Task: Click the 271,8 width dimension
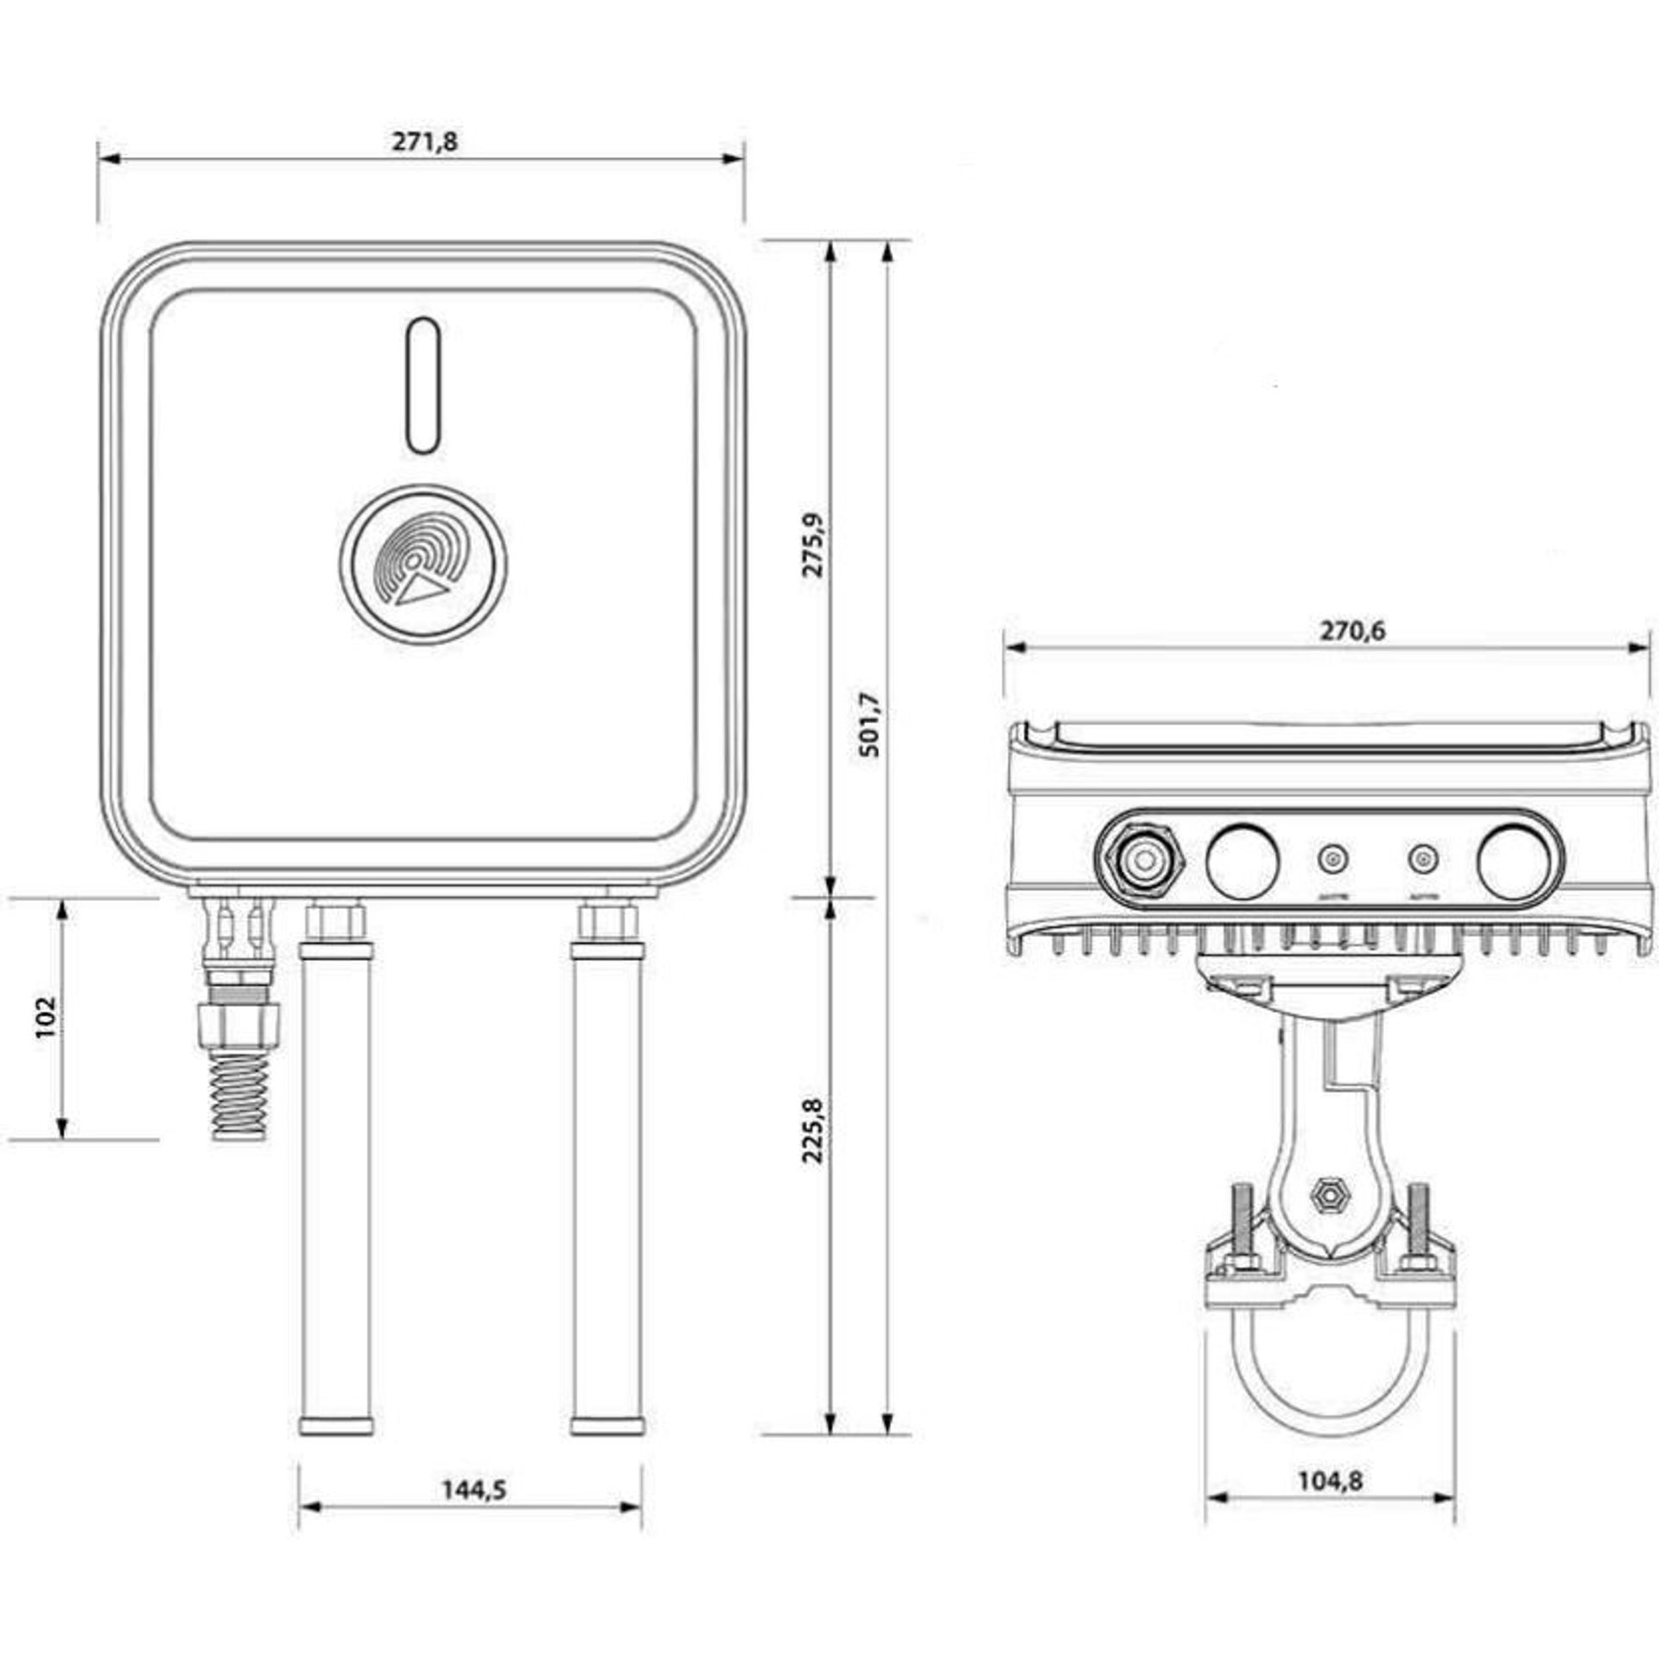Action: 425,142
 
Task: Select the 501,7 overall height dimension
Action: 870,724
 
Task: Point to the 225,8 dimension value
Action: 814,1129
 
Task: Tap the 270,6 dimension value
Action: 1351,632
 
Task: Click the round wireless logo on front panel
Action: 423,563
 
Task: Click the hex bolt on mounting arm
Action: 1329,1196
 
